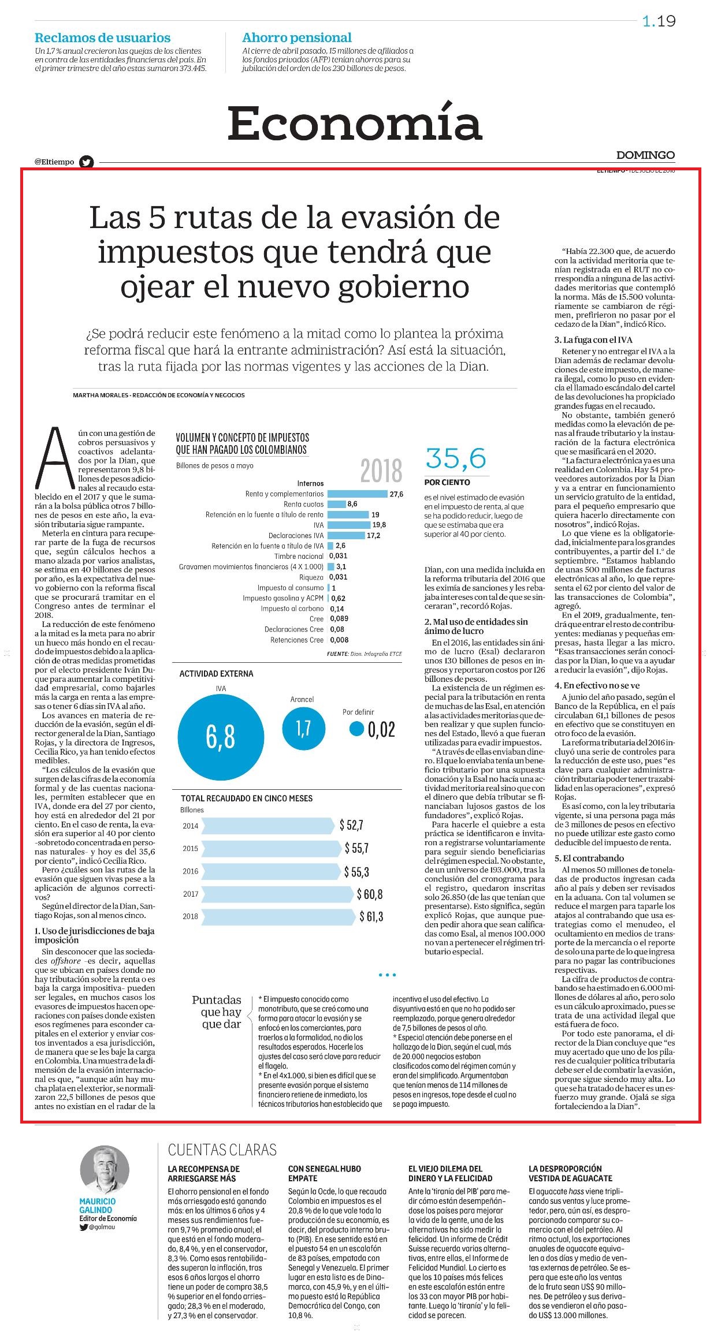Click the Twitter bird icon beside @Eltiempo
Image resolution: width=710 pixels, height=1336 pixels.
pyautogui.click(x=87, y=162)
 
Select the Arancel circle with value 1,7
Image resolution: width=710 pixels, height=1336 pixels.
pyautogui.click(x=303, y=728)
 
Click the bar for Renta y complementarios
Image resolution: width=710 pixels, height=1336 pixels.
pyautogui.click(x=357, y=494)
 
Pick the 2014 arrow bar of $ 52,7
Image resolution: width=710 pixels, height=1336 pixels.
pyautogui.click(x=269, y=825)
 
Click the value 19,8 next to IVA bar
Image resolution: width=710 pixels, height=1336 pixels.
pyautogui.click(x=379, y=525)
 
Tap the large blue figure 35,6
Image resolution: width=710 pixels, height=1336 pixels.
pyautogui.click(x=456, y=458)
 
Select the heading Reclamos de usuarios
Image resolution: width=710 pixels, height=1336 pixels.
pyautogui.click(x=103, y=38)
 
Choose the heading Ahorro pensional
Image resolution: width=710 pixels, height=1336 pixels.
pyautogui.click(x=297, y=38)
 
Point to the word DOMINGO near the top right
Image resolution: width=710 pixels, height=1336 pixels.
pyautogui.click(x=645, y=155)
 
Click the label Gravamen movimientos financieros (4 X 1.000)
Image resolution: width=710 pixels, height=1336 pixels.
pyautogui.click(x=251, y=567)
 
